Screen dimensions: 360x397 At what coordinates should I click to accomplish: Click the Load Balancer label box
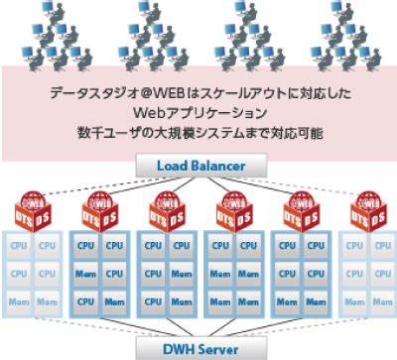coord(198,167)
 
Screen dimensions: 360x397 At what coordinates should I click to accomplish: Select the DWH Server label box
coord(198,347)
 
